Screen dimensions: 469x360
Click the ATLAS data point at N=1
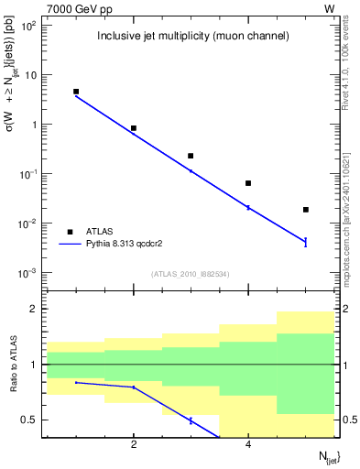click(x=76, y=92)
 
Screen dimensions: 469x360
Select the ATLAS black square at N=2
click(x=134, y=128)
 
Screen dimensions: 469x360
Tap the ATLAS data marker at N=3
click(x=191, y=156)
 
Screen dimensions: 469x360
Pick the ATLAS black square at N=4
click(x=248, y=183)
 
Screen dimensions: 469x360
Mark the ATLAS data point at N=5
click(x=306, y=210)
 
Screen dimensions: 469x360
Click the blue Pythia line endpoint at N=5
click(x=306, y=242)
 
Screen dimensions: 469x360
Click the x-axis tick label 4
click(x=248, y=445)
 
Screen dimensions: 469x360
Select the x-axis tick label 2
click(x=134, y=445)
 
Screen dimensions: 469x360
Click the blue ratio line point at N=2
click(x=134, y=387)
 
